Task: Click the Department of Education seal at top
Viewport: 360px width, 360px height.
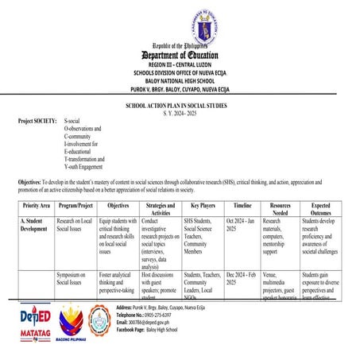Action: [x=180, y=24]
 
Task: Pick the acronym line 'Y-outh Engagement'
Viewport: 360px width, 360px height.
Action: [x=88, y=168]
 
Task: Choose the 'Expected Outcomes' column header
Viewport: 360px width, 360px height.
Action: [x=321, y=208]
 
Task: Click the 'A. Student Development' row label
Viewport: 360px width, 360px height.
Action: [x=37, y=224]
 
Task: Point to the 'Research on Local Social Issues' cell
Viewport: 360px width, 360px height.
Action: [x=75, y=224]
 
